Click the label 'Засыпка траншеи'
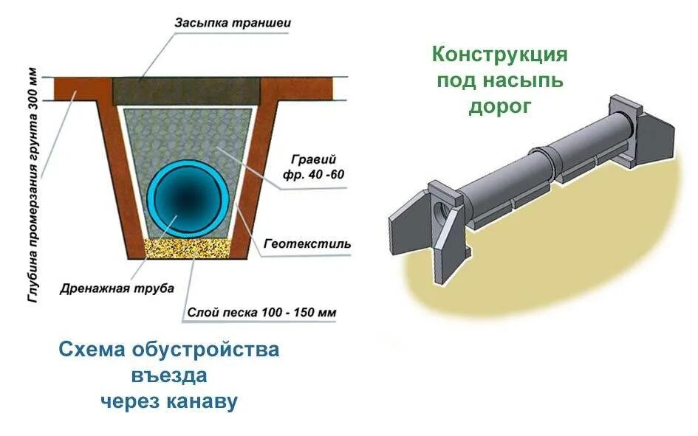click(233, 23)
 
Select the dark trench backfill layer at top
click(188, 90)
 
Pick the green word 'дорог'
click(499, 106)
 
